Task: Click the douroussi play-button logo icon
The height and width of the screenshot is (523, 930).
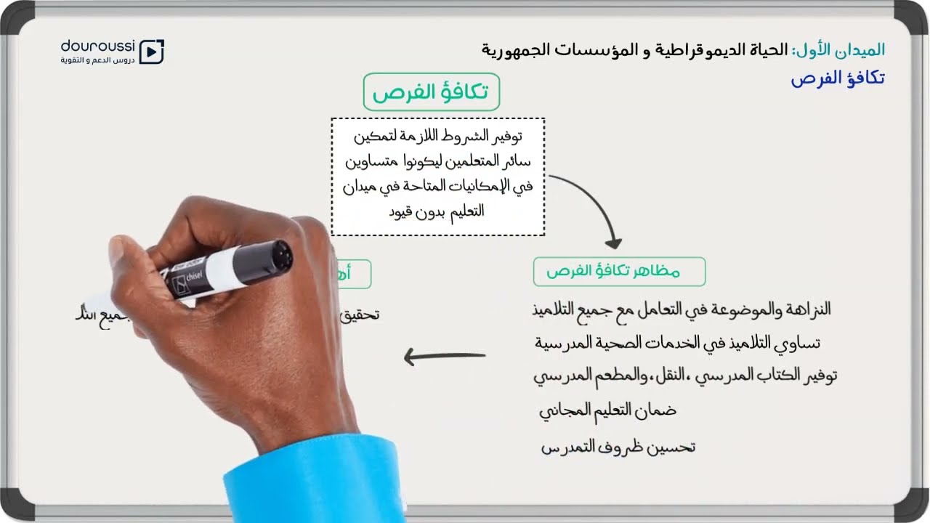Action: (152, 51)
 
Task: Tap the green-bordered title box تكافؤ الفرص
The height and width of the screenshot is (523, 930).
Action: (432, 92)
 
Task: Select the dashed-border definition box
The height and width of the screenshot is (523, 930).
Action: (437, 177)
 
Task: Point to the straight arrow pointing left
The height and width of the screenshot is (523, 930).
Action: (444, 357)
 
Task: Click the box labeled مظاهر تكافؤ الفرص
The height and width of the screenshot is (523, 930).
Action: (619, 272)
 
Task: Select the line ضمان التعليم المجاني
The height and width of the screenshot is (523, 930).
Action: (607, 410)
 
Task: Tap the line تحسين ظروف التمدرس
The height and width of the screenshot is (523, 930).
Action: (618, 447)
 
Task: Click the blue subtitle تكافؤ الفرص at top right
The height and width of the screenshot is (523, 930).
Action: (838, 78)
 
